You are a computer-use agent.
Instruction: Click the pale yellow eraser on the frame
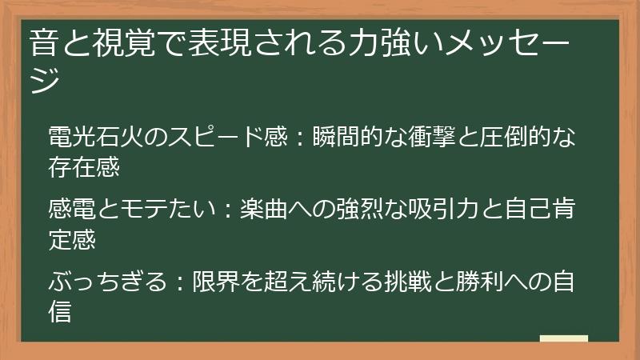[x=564, y=339]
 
